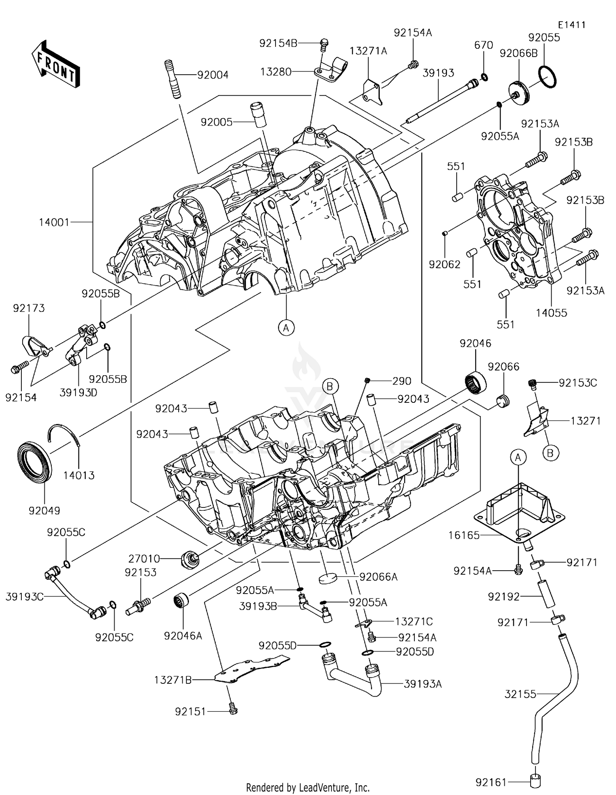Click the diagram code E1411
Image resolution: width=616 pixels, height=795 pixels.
pos(571,25)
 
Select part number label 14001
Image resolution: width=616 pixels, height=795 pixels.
pos(55,222)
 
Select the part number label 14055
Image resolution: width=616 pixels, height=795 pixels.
pos(551,313)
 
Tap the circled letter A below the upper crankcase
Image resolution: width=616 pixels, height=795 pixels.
pos(286,328)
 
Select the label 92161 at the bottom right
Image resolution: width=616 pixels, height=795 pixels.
pos(491,782)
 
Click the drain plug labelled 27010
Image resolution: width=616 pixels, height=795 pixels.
pos(190,559)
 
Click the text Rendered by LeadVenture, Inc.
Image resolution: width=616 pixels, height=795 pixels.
pos(308,787)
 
